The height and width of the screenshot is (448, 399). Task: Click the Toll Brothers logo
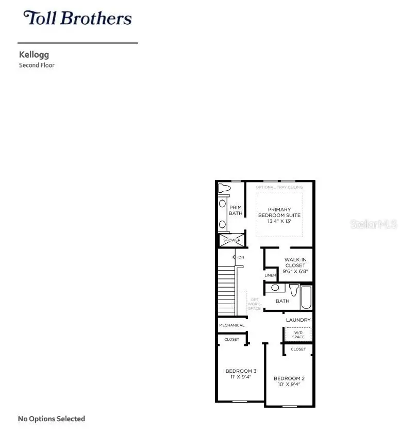pos(77,18)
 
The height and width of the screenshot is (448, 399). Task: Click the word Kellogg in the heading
pos(34,54)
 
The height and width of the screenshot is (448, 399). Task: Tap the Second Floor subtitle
pos(37,65)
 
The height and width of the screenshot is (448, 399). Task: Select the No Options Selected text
pos(52,419)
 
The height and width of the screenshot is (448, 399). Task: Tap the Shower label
pos(231,240)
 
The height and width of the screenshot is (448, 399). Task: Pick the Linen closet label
pos(270,275)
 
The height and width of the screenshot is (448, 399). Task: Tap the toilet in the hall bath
pos(294,289)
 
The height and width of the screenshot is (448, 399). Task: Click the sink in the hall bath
pos(275,288)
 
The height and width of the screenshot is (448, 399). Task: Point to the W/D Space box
pos(298,335)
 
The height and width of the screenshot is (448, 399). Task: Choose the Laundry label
pos(298,320)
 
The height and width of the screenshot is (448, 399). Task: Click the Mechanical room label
pos(231,325)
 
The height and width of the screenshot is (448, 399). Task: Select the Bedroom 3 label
pos(241,371)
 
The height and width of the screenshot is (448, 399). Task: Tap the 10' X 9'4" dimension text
pos(289,384)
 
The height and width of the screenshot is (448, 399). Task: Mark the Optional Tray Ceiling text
pos(279,187)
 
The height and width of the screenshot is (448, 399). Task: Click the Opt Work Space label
pos(255,304)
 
